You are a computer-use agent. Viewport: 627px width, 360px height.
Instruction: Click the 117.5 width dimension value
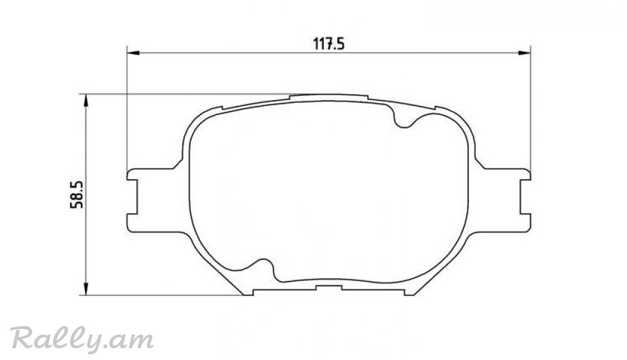[x=329, y=44]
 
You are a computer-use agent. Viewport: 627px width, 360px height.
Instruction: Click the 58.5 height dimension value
[x=76, y=195]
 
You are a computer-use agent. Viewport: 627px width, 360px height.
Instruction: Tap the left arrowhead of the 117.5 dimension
[x=133, y=53]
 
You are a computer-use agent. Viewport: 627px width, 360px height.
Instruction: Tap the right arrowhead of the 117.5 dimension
[x=524, y=53]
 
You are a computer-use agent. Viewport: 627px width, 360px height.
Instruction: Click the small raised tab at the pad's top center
[x=329, y=97]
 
